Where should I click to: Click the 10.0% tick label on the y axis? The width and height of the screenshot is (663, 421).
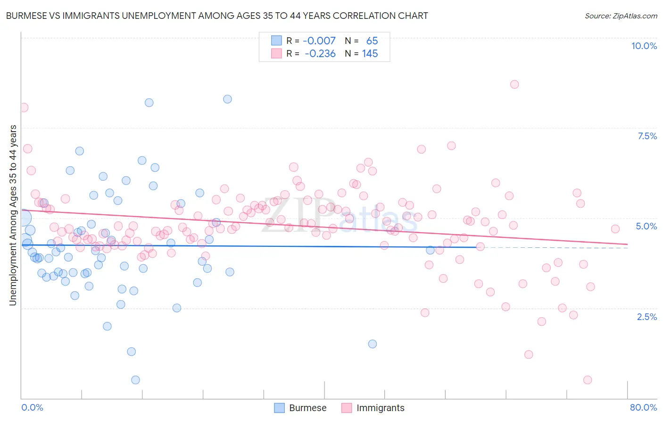coord(644,46)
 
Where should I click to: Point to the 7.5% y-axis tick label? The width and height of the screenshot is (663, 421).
coord(647,136)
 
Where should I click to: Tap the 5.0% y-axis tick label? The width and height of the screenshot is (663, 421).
coord(646,226)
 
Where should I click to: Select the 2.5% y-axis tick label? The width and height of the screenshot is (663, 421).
coord(646,317)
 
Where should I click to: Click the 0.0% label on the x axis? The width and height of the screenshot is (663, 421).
coord(32,407)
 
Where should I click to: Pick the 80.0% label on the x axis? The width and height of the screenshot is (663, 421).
coord(643,407)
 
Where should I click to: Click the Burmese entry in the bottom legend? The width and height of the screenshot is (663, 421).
coord(307,408)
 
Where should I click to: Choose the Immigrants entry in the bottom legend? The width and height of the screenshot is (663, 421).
coord(380,408)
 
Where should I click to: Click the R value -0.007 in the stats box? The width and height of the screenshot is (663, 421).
coord(319,41)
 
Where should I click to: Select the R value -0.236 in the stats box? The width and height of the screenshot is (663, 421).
coord(320,53)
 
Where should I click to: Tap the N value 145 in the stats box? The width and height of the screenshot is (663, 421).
coord(370,53)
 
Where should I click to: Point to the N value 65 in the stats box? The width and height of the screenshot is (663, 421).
coord(372,41)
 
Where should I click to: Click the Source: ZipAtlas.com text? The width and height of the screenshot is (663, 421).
coord(621,16)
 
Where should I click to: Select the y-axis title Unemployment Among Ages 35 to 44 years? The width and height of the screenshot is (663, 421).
coord(13,215)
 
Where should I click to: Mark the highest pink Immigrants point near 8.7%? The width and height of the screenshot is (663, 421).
coord(514,84)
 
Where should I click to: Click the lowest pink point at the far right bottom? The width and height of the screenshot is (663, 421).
coord(588,380)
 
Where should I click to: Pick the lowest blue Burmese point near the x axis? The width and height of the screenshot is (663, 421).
coord(135,380)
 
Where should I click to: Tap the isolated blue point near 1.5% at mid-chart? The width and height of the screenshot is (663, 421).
coord(373,344)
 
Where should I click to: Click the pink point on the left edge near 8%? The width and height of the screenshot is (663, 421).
coord(24,108)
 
